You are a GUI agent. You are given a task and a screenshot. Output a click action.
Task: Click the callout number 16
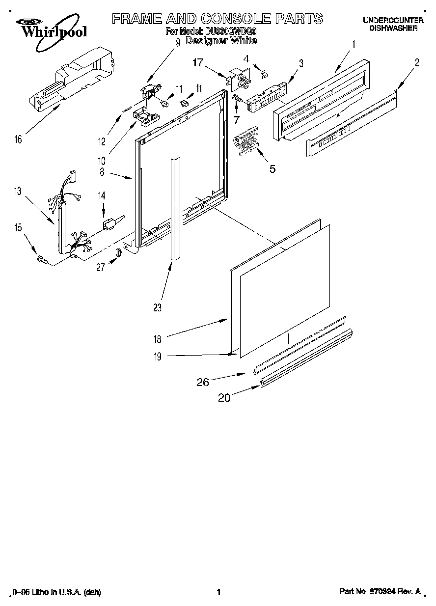[18, 139]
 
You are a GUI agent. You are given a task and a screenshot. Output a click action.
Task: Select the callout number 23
[157, 307]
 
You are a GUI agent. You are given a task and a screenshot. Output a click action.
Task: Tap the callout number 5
[272, 169]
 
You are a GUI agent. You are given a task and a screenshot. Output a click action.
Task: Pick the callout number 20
[224, 398]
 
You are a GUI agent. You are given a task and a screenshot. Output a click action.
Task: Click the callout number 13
[18, 191]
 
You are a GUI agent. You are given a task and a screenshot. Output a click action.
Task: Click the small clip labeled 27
[118, 253]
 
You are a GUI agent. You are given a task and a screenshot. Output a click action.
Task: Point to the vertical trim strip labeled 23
[174, 206]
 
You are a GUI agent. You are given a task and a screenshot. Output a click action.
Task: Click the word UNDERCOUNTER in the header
[393, 20]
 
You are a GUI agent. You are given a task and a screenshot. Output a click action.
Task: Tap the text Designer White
[221, 41]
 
